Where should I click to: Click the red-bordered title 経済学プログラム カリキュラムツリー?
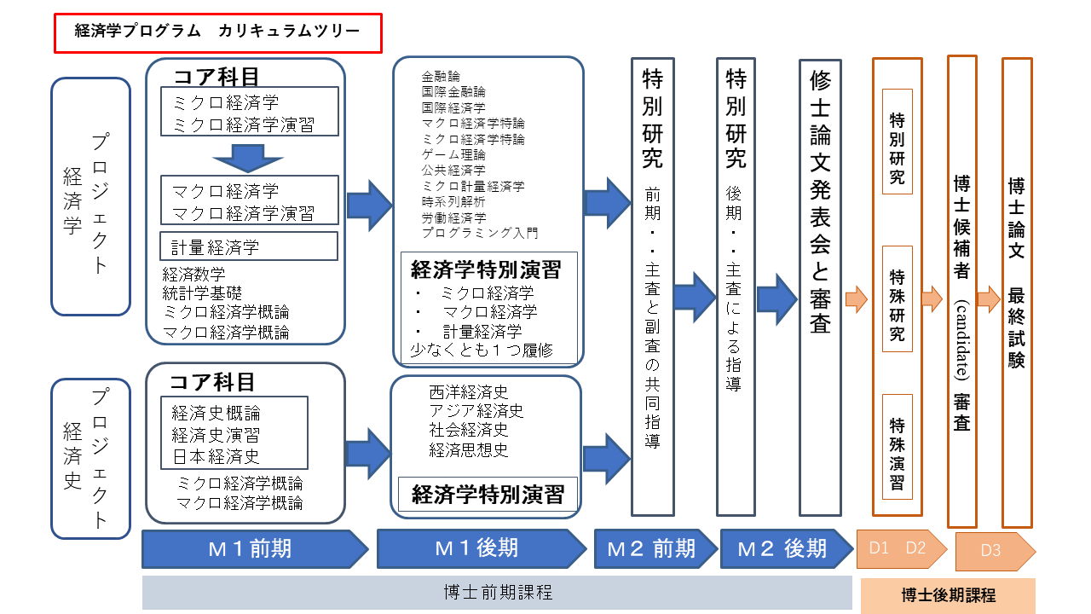216,32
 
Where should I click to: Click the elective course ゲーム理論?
453,154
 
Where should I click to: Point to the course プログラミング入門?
480,232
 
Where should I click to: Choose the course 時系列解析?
453,201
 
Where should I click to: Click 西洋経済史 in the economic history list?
469,393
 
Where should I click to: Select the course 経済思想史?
469,449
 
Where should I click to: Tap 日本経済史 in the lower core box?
216,456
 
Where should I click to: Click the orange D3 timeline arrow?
994,550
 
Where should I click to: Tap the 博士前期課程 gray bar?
497,593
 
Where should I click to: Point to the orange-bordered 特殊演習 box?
898,447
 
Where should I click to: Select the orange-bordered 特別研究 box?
898,142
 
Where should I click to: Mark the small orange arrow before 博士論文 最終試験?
988,299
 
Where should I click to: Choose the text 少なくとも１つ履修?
482,349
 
